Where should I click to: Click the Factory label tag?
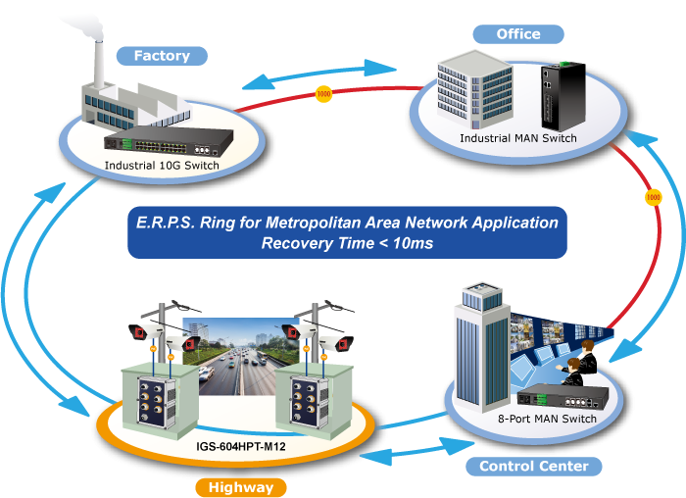pos(162,56)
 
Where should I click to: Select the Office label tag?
pos(518,34)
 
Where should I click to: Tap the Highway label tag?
pos(241,486)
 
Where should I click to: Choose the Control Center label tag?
pos(533,466)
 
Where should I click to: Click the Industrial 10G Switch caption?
pos(162,165)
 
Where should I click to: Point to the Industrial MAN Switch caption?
pos(517,138)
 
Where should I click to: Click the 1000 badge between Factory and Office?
pos(323,95)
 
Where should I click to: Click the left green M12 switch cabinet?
pos(153,396)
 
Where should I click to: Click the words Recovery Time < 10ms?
pos(347,242)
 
